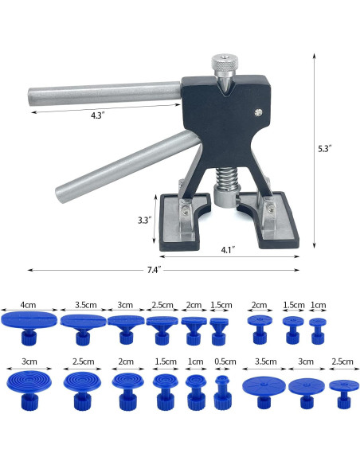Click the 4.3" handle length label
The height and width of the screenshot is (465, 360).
click(x=96, y=115)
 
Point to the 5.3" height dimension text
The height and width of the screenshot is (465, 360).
click(x=324, y=148)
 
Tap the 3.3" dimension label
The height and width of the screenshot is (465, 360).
click(x=144, y=221)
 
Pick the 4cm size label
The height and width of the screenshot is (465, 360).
click(x=29, y=304)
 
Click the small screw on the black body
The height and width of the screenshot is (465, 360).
click(x=257, y=113)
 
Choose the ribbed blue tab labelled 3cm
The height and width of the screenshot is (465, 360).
click(x=29, y=386)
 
